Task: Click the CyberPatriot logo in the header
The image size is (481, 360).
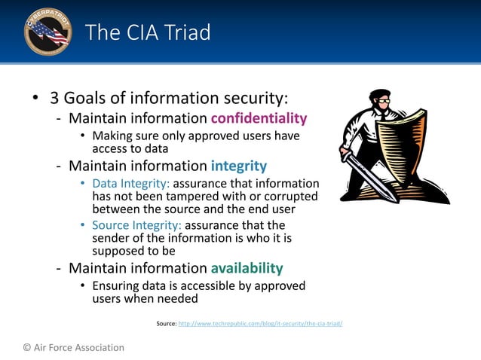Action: [x=47, y=32]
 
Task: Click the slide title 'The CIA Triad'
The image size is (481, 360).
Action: [x=148, y=32]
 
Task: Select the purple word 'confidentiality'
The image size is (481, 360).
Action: [x=259, y=118]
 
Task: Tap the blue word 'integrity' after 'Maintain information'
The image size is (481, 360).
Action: [x=238, y=166]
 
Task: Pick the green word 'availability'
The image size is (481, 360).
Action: [x=247, y=268]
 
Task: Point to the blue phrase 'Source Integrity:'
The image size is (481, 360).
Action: [x=137, y=225]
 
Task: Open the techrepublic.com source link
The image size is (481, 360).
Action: [x=260, y=323]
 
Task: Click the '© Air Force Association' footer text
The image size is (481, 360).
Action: [x=73, y=347]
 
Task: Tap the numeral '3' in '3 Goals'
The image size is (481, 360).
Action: [x=54, y=99]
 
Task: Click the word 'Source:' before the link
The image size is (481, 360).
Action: [x=166, y=323]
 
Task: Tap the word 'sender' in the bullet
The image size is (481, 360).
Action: [x=110, y=239]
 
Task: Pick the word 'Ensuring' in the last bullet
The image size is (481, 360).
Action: [x=115, y=286]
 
